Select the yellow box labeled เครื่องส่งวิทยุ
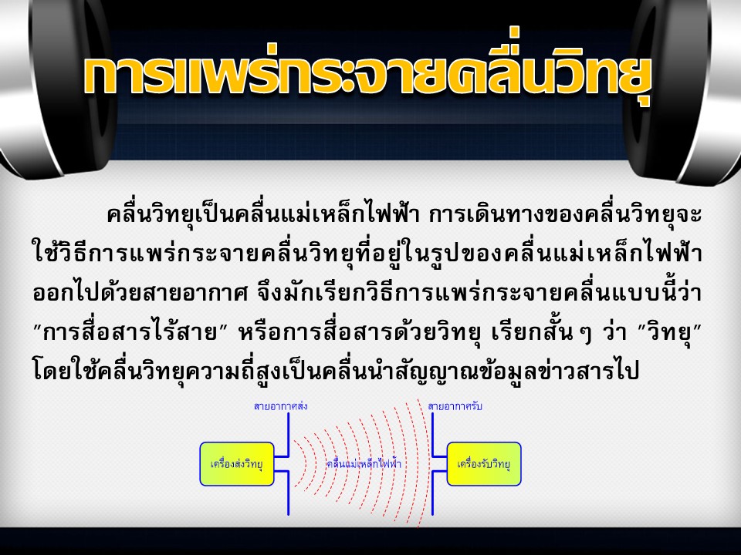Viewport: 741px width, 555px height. coord(237,464)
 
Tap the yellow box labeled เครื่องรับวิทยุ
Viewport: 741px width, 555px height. coord(484,464)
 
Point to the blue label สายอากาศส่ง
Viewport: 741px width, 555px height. coord(281,406)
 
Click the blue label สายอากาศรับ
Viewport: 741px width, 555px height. coord(455,406)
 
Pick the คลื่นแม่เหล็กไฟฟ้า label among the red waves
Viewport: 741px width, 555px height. coord(364,463)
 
